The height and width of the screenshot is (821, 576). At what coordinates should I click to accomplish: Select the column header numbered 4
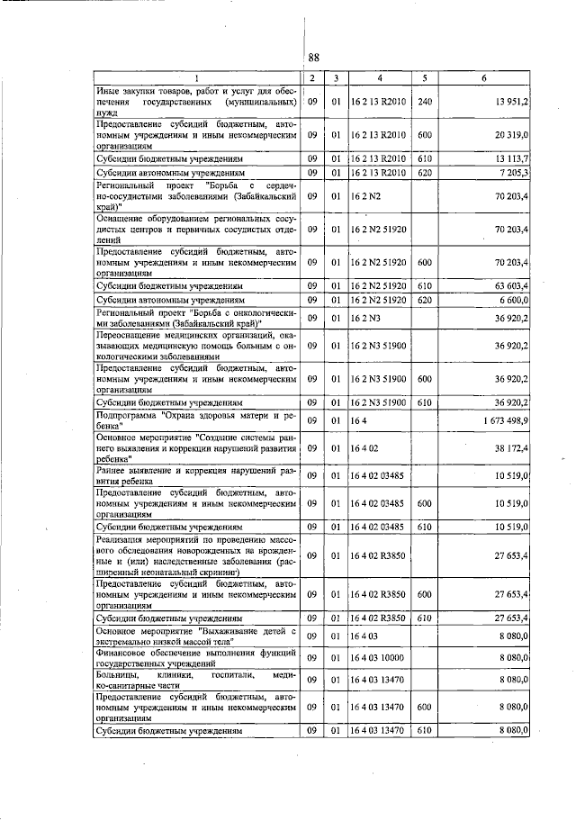click(x=380, y=78)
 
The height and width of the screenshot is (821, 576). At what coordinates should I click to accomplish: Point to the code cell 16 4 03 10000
click(x=379, y=659)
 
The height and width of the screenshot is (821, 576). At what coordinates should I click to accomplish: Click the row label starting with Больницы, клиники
click(x=197, y=679)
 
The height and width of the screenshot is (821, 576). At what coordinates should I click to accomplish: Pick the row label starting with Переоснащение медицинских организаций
click(x=197, y=344)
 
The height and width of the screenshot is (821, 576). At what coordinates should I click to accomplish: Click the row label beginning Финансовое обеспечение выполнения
click(x=197, y=659)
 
